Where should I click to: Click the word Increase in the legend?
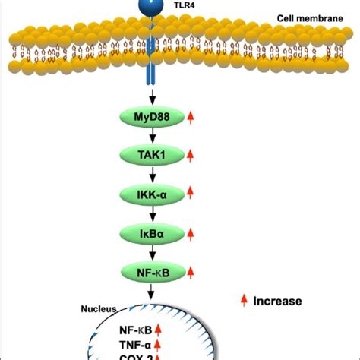(276, 301)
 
